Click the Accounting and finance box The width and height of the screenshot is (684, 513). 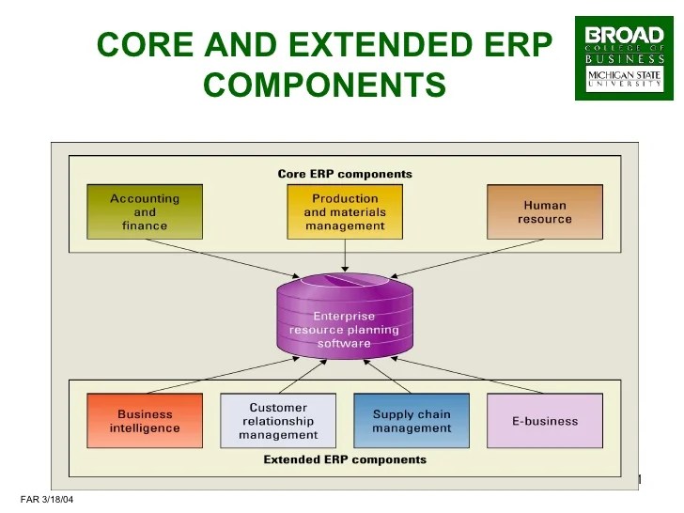(x=145, y=212)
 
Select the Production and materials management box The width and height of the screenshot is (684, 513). (x=345, y=212)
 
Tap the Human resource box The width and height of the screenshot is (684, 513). (x=545, y=212)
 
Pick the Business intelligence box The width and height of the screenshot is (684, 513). (x=145, y=421)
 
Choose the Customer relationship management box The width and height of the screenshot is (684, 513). (x=278, y=421)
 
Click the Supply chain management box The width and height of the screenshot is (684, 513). (x=412, y=421)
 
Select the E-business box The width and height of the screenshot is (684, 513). (x=545, y=421)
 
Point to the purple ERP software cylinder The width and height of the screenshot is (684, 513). (x=345, y=317)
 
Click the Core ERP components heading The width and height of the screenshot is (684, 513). (x=345, y=174)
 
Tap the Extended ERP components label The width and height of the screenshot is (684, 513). (x=345, y=459)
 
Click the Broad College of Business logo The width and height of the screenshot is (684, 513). (x=624, y=58)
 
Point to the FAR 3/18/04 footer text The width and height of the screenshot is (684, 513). (x=47, y=500)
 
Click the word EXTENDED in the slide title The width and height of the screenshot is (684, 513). (x=381, y=44)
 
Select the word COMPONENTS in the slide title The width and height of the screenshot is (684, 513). (x=324, y=84)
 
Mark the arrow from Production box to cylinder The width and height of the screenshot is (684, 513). (x=345, y=256)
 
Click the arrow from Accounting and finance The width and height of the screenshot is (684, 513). (x=223, y=258)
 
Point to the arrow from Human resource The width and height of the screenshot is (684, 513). (x=467, y=258)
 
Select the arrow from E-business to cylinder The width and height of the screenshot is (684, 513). (x=467, y=376)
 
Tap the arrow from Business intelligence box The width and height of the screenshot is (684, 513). (x=223, y=376)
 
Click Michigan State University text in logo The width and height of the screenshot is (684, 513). (x=624, y=79)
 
